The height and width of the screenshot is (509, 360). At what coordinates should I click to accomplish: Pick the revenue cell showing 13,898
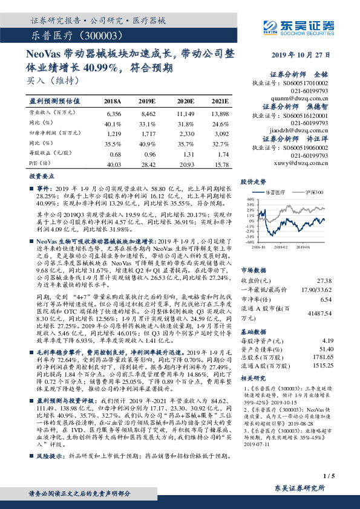point(220,114)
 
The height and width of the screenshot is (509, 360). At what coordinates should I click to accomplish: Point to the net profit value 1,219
point(114,134)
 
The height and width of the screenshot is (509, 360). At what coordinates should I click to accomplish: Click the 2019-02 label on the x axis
point(281,247)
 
